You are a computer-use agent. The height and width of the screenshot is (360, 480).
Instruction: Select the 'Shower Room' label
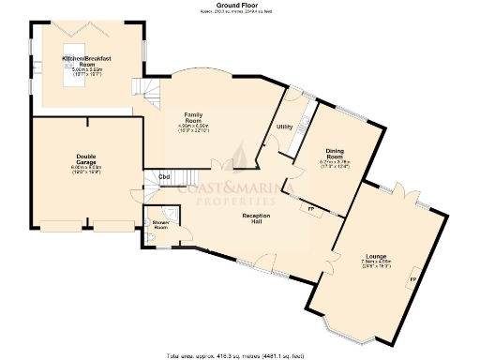(159, 225)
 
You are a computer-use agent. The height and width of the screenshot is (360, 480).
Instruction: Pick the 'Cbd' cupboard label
(163, 176)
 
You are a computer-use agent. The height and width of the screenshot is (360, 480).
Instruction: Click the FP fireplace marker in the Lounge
(412, 279)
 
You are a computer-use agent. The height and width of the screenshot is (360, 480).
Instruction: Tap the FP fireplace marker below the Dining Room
(310, 208)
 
